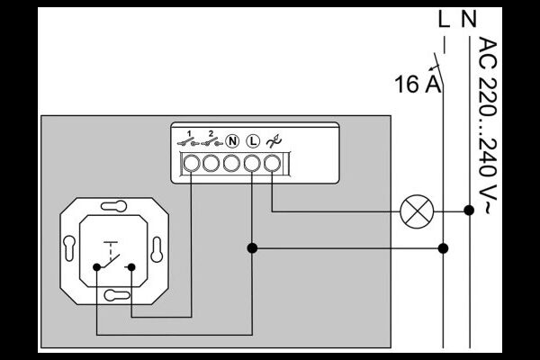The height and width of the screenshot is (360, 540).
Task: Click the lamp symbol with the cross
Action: (x=417, y=211)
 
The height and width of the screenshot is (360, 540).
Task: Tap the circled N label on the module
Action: (x=232, y=141)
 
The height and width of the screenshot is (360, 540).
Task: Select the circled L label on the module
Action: (x=253, y=141)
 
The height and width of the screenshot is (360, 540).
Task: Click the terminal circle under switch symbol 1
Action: (x=191, y=163)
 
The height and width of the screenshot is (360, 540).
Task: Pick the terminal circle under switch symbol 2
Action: (x=211, y=163)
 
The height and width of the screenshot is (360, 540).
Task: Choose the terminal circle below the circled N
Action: (x=231, y=163)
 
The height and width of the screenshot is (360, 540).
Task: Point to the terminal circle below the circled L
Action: (x=252, y=163)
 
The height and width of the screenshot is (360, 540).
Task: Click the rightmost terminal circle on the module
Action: (x=273, y=163)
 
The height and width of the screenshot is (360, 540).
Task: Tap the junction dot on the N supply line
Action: (x=469, y=210)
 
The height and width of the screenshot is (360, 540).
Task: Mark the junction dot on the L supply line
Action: (x=443, y=248)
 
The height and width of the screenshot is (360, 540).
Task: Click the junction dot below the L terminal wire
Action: (x=252, y=248)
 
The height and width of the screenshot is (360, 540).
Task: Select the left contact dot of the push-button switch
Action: (x=97, y=267)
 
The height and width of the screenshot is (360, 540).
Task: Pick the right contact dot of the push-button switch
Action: (x=131, y=267)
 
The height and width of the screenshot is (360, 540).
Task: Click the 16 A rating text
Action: (x=418, y=84)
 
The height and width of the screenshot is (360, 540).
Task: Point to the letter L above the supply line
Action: (x=445, y=19)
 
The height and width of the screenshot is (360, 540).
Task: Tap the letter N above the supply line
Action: (x=469, y=19)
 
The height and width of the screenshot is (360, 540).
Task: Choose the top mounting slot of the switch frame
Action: (x=113, y=206)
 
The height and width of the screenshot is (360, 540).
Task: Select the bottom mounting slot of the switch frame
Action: (x=117, y=295)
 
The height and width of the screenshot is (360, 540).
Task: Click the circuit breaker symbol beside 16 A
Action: (x=437, y=70)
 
